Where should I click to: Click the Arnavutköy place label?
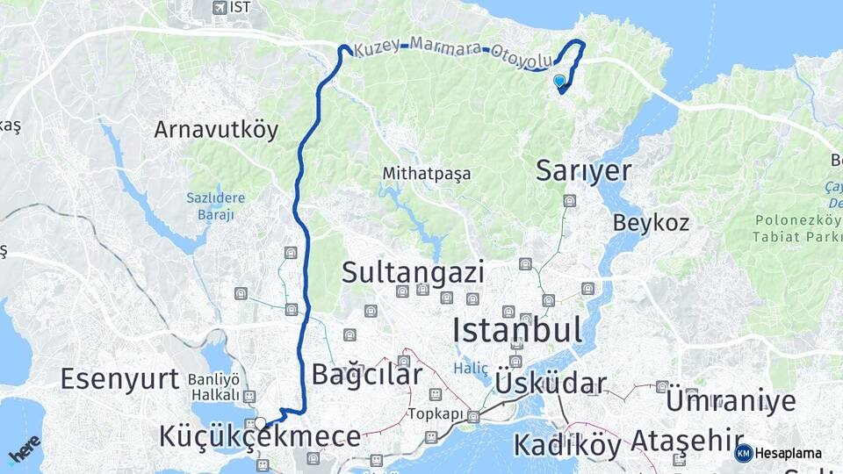click(x=216, y=130)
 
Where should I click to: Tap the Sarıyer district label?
click(x=583, y=170)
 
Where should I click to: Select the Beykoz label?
click(x=651, y=222)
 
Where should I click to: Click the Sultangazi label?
click(x=413, y=272)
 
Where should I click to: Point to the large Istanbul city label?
click(x=516, y=330)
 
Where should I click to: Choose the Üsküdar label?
click(x=551, y=383)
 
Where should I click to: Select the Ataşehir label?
click(x=681, y=439)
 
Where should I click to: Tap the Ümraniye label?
click(x=731, y=401)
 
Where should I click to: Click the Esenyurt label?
click(x=120, y=378)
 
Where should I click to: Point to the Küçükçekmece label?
click(x=260, y=436)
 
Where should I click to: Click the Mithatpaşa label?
click(x=426, y=174)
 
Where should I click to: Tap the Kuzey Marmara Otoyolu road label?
click(x=453, y=54)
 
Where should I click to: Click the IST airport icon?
click(x=219, y=7)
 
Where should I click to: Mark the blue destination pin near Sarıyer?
click(x=559, y=81)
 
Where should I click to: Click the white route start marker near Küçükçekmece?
click(x=261, y=423)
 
